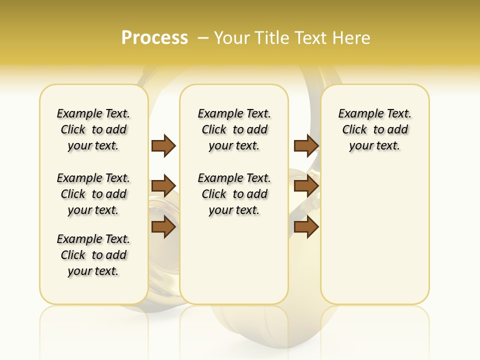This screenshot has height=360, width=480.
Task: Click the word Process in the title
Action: [x=154, y=38]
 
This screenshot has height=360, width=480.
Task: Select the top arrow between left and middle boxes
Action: [x=163, y=145]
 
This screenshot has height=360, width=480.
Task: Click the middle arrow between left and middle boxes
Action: [x=163, y=186]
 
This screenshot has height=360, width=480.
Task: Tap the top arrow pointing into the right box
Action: [x=306, y=145]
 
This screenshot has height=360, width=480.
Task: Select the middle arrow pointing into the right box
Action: [x=306, y=186]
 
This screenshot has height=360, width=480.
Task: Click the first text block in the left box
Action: [x=93, y=129]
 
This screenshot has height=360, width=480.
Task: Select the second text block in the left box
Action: [x=93, y=194]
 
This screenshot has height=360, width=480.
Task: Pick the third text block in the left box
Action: [x=93, y=255]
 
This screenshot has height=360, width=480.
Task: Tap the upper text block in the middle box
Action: [x=234, y=129]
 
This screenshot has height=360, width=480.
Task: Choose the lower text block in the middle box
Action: [x=234, y=194]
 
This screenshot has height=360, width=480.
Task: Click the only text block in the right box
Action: [x=375, y=129]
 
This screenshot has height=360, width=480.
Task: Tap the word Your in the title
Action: [x=232, y=38]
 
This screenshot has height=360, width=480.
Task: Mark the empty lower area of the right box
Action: [x=375, y=235]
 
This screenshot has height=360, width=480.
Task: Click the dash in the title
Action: [x=203, y=38]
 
